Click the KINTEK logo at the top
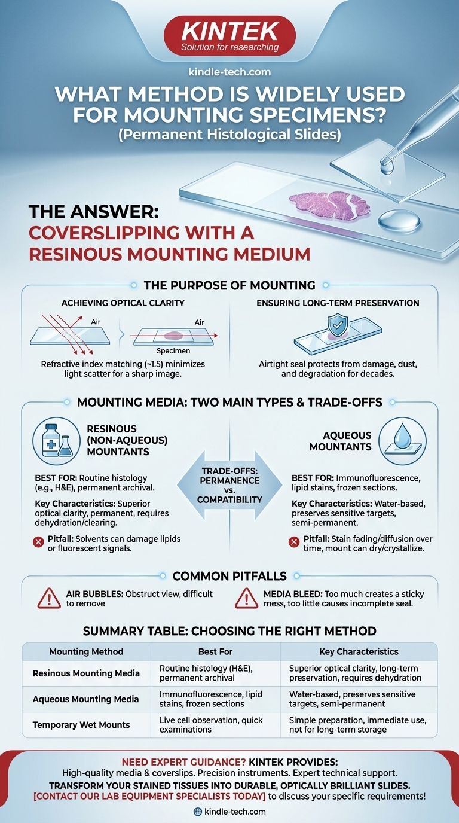pyautogui.click(x=229, y=36)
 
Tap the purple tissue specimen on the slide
pyautogui.click(x=330, y=205)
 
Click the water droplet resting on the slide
pyautogui.click(x=399, y=221)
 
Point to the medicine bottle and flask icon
pyautogui.click(x=56, y=441)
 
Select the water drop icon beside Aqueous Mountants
pyautogui.click(x=402, y=441)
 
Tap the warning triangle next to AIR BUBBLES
pyautogui.click(x=49, y=599)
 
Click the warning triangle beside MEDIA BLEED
pyautogui.click(x=246, y=599)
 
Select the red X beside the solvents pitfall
pyautogui.click(x=38, y=542)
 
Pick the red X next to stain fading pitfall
pyautogui.click(x=294, y=542)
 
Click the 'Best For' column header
pyautogui.click(x=216, y=651)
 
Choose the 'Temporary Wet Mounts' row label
pyautogui.click(x=81, y=725)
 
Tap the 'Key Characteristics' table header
pyautogui.click(x=359, y=651)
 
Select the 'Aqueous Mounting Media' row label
pyautogui.click(x=85, y=699)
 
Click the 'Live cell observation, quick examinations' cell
pyautogui.click(x=211, y=724)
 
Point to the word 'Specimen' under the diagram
pyautogui.click(x=173, y=350)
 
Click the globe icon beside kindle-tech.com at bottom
pyautogui.click(x=198, y=811)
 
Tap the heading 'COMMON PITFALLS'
pyautogui.click(x=229, y=576)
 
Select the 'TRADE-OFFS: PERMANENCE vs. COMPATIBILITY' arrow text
pyautogui.click(x=229, y=485)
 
